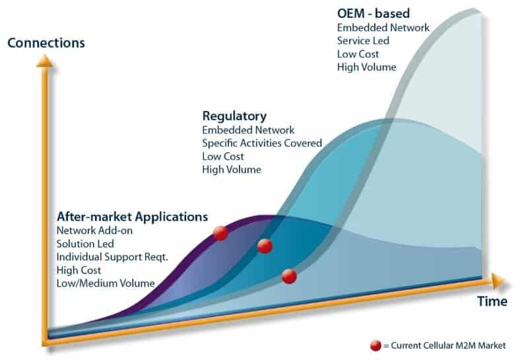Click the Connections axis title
[x=46, y=43]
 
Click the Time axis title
[x=492, y=301]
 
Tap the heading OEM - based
[x=374, y=13]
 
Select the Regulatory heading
[x=234, y=116]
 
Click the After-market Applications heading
[x=133, y=217]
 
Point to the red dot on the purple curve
[x=220, y=233]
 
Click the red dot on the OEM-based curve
[x=289, y=276]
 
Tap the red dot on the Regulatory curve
[x=265, y=246]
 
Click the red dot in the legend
[x=376, y=345]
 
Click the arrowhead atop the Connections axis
[x=44, y=61]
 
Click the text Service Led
[x=363, y=41]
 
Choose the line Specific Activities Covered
[x=262, y=143]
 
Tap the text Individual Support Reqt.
[x=112, y=257]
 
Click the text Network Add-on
[x=94, y=231]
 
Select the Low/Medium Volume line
[x=106, y=283]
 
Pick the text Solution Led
[x=85, y=244]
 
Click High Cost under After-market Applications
[x=79, y=270]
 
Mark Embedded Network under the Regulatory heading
[x=248, y=130]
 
